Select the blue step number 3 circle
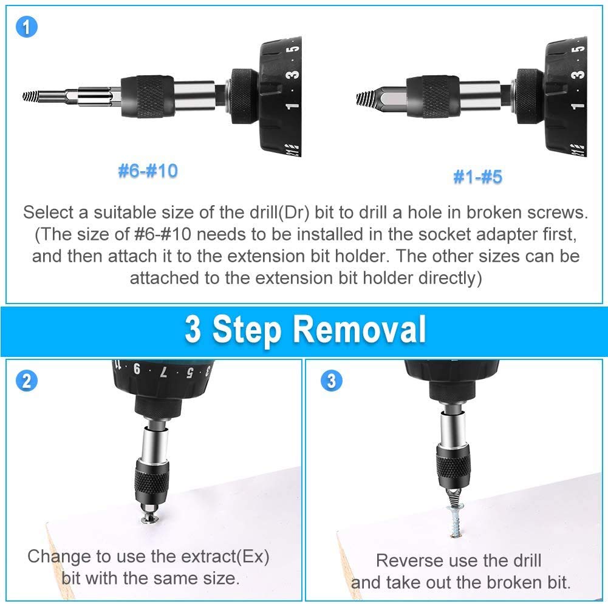(332, 381)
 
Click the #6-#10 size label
(148, 171)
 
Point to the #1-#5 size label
(477, 177)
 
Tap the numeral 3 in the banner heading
(193, 330)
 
